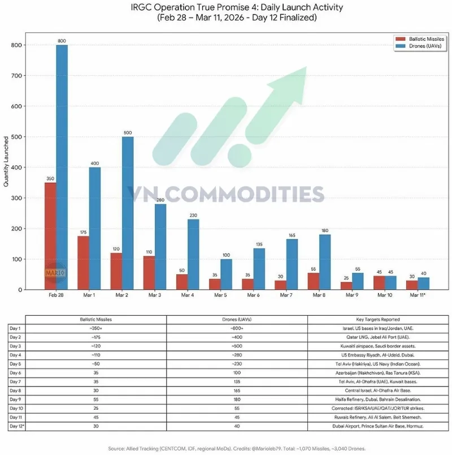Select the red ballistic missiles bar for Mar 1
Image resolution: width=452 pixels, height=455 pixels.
pos(83,263)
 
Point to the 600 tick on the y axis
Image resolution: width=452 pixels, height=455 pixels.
pos(18,106)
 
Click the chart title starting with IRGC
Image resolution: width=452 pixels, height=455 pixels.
pos(237,8)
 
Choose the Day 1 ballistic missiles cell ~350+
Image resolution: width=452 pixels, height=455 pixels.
pos(95,328)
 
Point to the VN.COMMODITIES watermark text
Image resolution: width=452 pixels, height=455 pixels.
pos(226,194)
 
